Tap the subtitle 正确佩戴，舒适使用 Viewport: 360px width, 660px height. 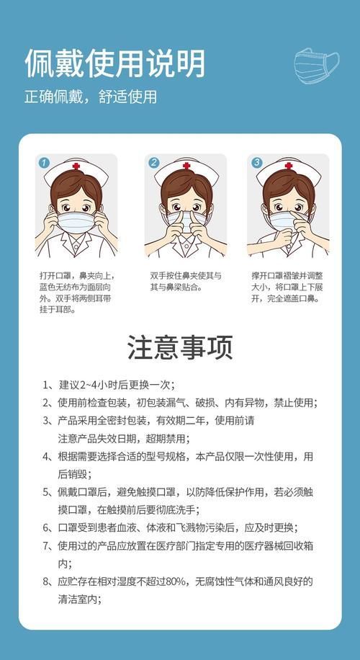tap(90, 97)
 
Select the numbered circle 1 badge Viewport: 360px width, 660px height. tap(44, 163)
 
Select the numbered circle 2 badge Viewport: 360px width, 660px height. tap(153, 163)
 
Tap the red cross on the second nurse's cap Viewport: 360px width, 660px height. tap(186, 166)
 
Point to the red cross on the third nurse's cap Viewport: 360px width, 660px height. tap(289, 166)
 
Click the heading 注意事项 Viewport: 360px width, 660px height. tap(180, 347)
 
